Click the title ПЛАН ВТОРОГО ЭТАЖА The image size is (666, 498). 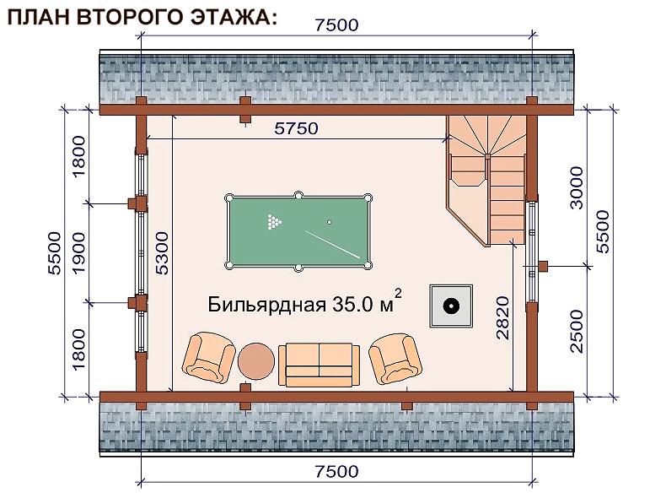[x=142, y=18]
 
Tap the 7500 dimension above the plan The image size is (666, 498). [x=337, y=25]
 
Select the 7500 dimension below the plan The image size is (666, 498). [x=337, y=472]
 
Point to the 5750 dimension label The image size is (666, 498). [x=296, y=128]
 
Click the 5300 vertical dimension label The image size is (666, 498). [x=162, y=253]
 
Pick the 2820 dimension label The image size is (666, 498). [x=503, y=317]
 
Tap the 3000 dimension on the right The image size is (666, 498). [x=577, y=187]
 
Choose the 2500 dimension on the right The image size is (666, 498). [x=577, y=331]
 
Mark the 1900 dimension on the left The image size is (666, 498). [x=79, y=253]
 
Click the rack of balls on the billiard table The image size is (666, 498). [x=274, y=222]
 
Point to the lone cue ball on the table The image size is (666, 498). [x=329, y=222]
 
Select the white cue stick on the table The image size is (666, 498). [x=332, y=245]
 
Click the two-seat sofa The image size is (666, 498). [x=319, y=365]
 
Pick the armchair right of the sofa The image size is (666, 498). [x=395, y=359]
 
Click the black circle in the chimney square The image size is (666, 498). [x=451, y=306]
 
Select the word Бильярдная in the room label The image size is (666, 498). [x=266, y=305]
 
